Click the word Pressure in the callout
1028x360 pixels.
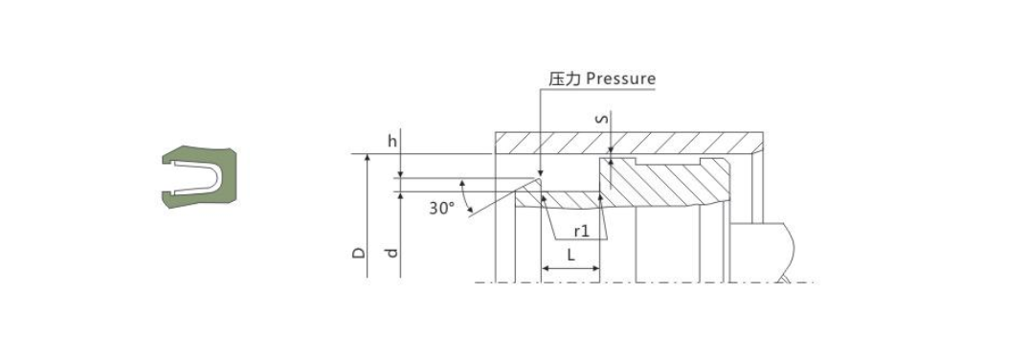click(620, 79)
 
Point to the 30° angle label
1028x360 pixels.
click(441, 207)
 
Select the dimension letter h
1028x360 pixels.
click(391, 141)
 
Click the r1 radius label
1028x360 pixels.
click(581, 231)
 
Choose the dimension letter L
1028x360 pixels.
click(570, 255)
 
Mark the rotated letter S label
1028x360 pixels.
click(601, 119)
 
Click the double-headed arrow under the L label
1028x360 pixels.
click(570, 269)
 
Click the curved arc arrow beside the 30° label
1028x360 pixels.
click(467, 196)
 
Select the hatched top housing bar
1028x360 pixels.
click(627, 141)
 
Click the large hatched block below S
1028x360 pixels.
click(660, 182)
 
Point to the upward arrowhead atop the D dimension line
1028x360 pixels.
click(368, 159)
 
